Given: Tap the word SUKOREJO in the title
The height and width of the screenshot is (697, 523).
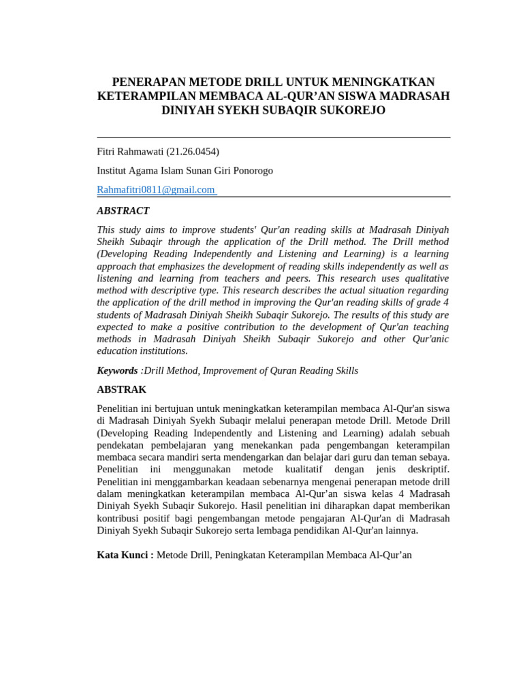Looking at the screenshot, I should pos(353,110).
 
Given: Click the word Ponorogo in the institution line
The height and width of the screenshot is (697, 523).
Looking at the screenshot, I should pos(253,171).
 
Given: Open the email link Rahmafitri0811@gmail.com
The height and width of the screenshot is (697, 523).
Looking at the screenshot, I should pos(156,190).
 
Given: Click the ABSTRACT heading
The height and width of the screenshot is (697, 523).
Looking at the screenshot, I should pos(123,211).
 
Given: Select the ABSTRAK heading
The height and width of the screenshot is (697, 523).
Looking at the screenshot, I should pos(122,390).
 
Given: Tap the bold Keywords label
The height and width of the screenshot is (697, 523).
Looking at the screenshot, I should pos(117,370).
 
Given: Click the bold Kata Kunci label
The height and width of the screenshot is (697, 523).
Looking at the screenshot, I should pos(125,555).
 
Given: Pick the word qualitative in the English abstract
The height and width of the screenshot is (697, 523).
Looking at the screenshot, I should pos(424,278).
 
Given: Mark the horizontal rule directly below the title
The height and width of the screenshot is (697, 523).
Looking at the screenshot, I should pos(273,137).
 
